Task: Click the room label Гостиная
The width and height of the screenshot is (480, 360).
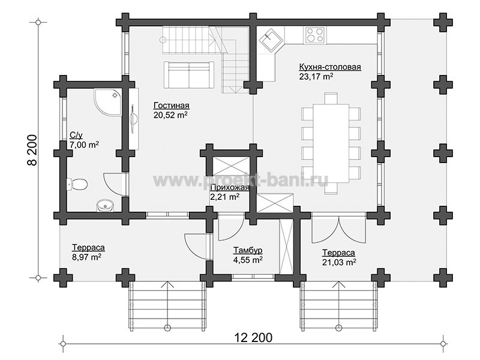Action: click(x=172, y=106)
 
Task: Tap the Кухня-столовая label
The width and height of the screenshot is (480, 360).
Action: click(x=330, y=67)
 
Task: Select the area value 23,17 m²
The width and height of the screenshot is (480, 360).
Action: click(x=316, y=76)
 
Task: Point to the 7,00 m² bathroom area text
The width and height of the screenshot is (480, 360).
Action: click(x=84, y=145)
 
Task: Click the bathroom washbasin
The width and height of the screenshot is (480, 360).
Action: click(x=105, y=205)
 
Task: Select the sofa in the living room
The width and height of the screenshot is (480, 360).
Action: click(x=188, y=75)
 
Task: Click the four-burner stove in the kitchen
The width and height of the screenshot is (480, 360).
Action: click(x=315, y=35)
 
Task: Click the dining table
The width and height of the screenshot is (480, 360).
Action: click(x=331, y=143)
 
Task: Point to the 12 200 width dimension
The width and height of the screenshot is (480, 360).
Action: click(x=253, y=338)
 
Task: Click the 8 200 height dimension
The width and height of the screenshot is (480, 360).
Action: click(x=32, y=150)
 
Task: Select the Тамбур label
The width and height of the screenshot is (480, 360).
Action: click(x=248, y=250)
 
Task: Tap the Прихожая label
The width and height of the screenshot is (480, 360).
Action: click(x=230, y=187)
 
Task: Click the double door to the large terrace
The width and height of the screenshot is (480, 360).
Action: click(x=338, y=230)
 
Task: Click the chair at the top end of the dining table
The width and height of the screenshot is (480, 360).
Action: click(x=331, y=98)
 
